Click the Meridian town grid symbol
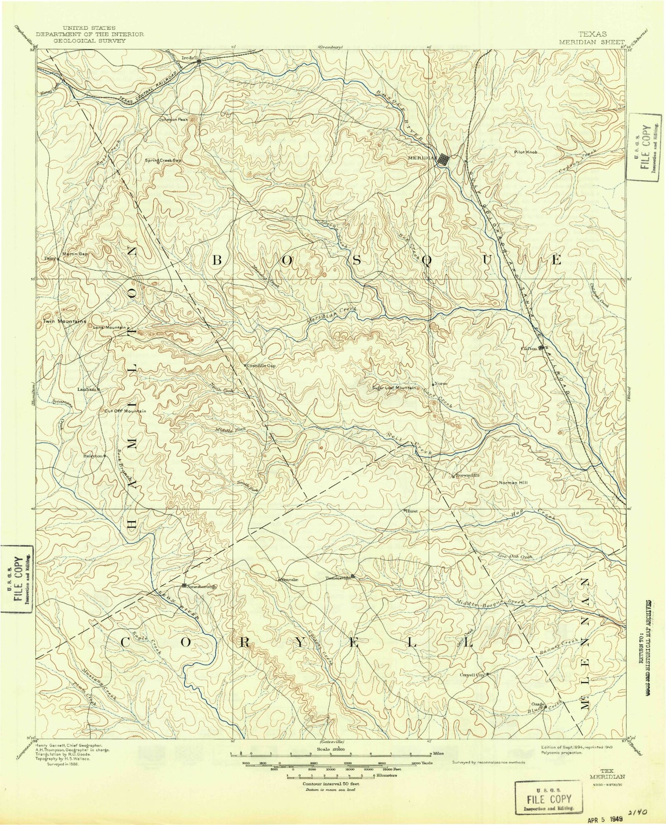click(442, 160)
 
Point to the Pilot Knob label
click(526, 151)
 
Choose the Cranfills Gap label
click(261, 366)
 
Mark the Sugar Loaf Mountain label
click(394, 388)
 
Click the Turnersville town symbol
click(353, 576)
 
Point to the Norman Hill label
click(513, 483)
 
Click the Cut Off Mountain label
click(125, 411)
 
